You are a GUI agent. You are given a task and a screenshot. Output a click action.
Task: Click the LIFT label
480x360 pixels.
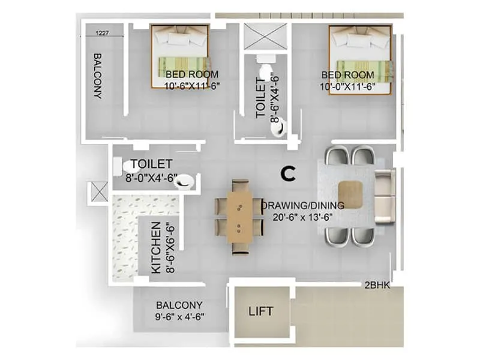tap(261, 311)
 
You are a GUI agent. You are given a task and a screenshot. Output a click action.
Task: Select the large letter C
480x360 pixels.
tap(289, 174)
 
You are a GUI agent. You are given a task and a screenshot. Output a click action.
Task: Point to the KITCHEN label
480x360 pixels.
tap(156, 247)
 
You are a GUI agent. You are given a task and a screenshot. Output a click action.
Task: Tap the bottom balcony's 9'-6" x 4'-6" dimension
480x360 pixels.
tap(179, 317)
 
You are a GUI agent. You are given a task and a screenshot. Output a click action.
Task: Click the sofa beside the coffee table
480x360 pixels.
tap(384, 195)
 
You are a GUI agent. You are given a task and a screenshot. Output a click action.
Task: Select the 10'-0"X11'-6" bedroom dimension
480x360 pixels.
tap(347, 86)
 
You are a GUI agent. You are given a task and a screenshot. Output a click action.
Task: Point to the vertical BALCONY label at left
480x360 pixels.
tap(97, 76)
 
